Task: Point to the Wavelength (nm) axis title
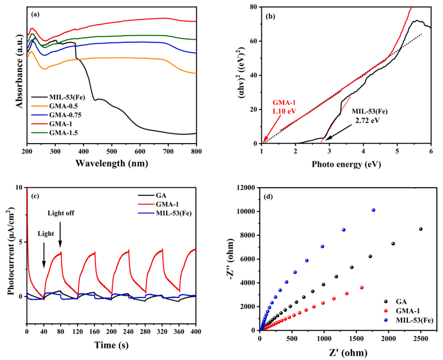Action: pyautogui.click(x=112, y=163)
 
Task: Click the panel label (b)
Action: pyautogui.click(x=271, y=16)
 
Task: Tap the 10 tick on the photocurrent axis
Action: pyautogui.click(x=20, y=188)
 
